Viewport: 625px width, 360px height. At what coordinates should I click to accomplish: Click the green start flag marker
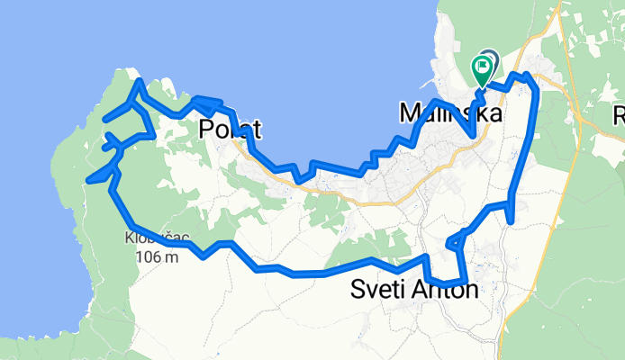[483, 67]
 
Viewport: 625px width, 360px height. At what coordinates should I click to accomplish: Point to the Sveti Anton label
[414, 290]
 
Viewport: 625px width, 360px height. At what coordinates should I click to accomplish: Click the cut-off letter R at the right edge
[619, 115]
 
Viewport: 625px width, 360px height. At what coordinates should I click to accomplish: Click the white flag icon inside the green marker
[484, 65]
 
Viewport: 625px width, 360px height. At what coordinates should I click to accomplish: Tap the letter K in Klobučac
[131, 240]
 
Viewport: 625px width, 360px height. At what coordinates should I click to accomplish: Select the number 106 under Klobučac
[149, 256]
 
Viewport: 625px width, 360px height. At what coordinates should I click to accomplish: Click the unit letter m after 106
[171, 257]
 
